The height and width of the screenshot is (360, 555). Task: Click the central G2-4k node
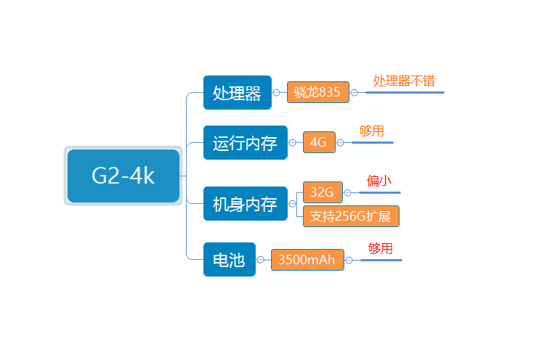click(123, 176)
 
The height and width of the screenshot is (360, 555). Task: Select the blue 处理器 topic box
click(237, 93)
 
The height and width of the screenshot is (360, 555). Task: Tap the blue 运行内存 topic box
click(245, 143)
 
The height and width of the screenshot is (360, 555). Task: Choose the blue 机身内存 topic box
click(245, 204)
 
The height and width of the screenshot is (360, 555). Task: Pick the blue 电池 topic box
click(229, 259)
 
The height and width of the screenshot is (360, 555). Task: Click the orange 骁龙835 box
click(317, 92)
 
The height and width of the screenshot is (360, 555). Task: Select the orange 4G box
click(318, 142)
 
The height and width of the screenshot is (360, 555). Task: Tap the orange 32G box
click(322, 192)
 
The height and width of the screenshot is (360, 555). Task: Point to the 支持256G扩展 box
click(350, 216)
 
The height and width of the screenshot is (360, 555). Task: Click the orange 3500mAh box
click(307, 259)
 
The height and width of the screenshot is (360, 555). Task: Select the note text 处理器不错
click(404, 81)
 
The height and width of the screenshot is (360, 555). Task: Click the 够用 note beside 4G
click(371, 131)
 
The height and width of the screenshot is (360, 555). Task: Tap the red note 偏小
click(379, 181)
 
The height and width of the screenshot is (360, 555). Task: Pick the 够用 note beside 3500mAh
click(380, 248)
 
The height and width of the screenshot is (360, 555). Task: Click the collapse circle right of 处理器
click(276, 93)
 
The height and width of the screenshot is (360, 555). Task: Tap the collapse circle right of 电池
click(260, 259)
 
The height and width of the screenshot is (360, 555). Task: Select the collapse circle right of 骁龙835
click(354, 93)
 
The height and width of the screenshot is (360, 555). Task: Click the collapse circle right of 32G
click(347, 192)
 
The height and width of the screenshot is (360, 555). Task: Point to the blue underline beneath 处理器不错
click(405, 92)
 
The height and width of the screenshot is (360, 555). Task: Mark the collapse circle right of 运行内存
click(292, 143)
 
